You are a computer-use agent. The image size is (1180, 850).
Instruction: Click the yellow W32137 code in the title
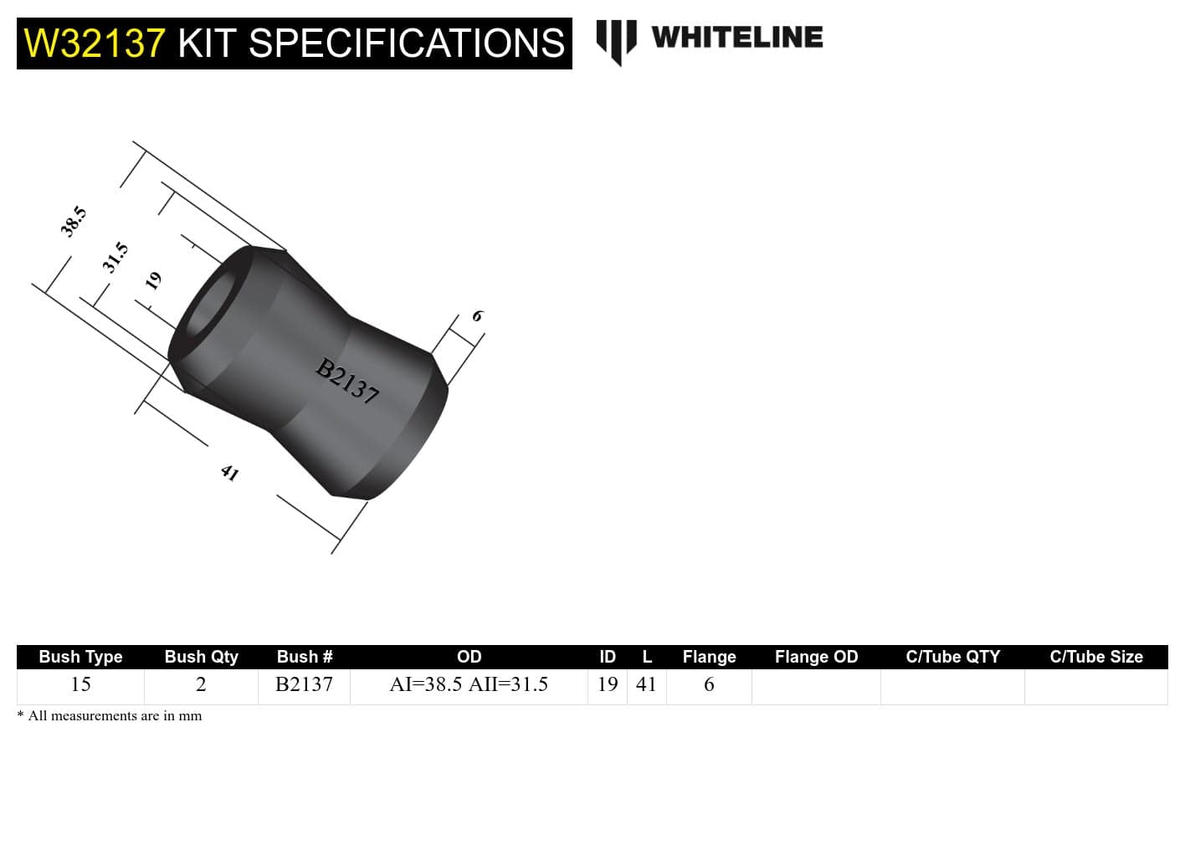pyautogui.click(x=95, y=44)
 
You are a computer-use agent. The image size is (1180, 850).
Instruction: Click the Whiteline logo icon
pyautogui.click(x=616, y=41)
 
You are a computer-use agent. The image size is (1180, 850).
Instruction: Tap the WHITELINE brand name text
pyautogui.click(x=736, y=38)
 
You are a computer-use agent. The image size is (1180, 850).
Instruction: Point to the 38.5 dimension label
pyautogui.click(x=73, y=222)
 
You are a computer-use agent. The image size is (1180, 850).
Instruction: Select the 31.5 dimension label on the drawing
pyautogui.click(x=115, y=257)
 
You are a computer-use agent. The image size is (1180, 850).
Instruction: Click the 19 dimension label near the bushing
pyautogui.click(x=153, y=280)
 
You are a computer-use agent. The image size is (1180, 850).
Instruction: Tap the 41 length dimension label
pyautogui.click(x=229, y=474)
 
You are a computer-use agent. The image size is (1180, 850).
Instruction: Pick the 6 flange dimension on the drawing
pyautogui.click(x=477, y=316)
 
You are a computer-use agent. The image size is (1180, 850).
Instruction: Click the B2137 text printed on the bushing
pyautogui.click(x=347, y=381)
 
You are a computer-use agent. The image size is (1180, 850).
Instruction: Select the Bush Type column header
pyautogui.click(x=80, y=657)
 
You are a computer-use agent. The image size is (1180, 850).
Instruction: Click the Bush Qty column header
pyautogui.click(x=201, y=657)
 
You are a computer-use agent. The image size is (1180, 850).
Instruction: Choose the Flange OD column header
pyautogui.click(x=816, y=657)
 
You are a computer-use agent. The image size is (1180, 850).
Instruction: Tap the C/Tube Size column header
pyautogui.click(x=1095, y=657)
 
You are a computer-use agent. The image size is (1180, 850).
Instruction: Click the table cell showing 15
pyautogui.click(x=80, y=684)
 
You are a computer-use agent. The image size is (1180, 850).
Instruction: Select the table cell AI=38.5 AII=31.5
pyautogui.click(x=469, y=684)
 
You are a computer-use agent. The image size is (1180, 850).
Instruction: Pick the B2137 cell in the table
pyautogui.click(x=304, y=684)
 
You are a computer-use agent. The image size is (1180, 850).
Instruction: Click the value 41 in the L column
pyautogui.click(x=646, y=684)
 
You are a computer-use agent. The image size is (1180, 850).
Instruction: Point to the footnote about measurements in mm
pyautogui.click(x=110, y=716)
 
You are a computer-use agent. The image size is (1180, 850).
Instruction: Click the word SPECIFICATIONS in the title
pyautogui.click(x=407, y=44)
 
